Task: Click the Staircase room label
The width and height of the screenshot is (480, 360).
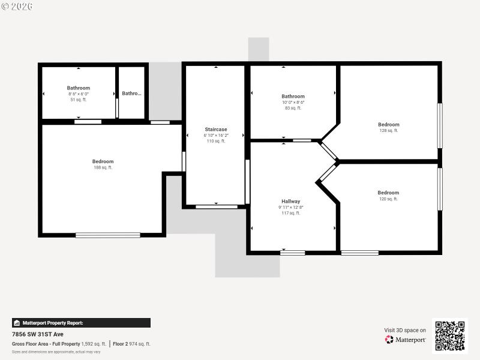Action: click(x=215, y=129)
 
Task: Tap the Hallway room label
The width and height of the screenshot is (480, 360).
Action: click(x=291, y=201)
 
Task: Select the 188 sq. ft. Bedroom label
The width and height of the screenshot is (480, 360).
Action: click(x=103, y=161)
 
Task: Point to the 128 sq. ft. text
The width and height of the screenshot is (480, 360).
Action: click(x=388, y=131)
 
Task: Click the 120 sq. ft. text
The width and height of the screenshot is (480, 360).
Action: click(x=388, y=199)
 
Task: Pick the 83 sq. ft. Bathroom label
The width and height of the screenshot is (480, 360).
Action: click(x=293, y=96)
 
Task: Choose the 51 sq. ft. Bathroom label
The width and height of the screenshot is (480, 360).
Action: click(x=78, y=88)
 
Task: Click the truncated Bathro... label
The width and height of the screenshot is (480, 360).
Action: click(x=131, y=94)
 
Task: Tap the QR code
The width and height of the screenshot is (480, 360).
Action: click(x=449, y=336)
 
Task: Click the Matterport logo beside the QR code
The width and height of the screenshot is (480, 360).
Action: click(x=406, y=340)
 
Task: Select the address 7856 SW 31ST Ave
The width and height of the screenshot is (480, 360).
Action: click(x=37, y=334)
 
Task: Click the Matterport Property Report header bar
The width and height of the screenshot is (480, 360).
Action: click(x=81, y=323)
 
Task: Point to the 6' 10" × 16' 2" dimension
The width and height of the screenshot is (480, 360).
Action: click(x=215, y=136)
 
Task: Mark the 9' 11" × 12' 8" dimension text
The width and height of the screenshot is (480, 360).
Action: click(x=291, y=208)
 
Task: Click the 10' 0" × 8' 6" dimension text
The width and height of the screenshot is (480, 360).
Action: click(x=293, y=103)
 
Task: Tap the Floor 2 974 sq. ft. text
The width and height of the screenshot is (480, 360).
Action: click(x=132, y=344)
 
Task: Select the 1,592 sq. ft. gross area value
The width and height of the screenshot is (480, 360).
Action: click(x=94, y=344)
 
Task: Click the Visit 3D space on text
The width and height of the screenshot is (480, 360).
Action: click(x=405, y=330)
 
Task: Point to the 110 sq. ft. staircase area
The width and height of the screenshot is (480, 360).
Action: click(x=215, y=142)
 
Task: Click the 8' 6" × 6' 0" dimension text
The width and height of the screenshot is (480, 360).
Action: click(x=78, y=94)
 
